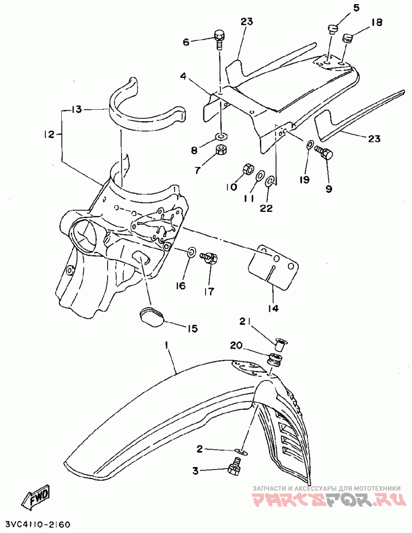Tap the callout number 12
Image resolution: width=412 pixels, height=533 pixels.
[49, 134]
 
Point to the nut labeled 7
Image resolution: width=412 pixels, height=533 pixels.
[222, 149]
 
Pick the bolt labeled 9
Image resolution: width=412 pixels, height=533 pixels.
[324, 152]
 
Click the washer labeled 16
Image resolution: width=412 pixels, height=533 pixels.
[192, 252]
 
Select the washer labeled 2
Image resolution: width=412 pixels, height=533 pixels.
[241, 452]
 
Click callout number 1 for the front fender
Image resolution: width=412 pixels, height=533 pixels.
[166, 345]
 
